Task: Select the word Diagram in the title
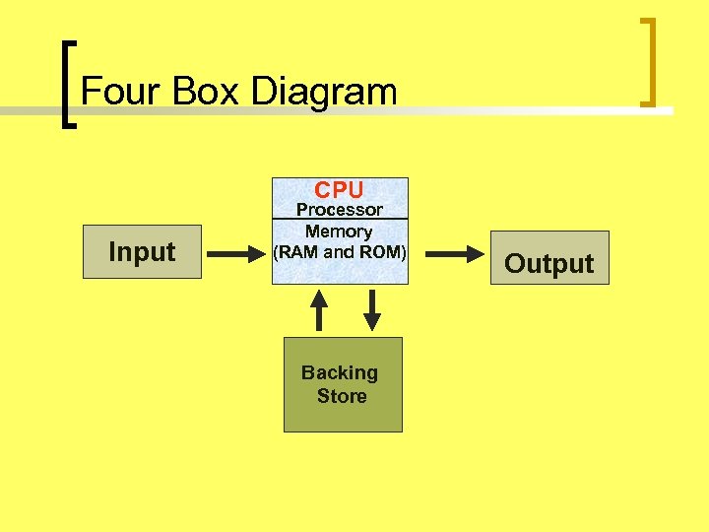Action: (324, 92)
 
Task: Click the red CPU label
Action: (339, 189)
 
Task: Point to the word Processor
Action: (340, 210)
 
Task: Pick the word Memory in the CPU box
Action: (339, 232)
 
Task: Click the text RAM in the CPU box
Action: (298, 252)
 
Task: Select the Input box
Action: (142, 252)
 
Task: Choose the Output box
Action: (549, 259)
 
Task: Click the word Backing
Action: (340, 372)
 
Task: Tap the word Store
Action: (342, 396)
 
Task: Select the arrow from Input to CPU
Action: (237, 254)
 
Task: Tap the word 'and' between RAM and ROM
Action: (339, 252)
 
